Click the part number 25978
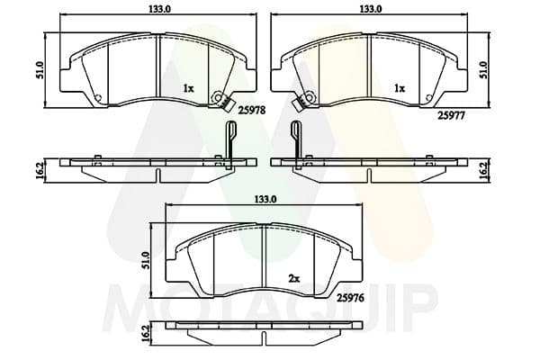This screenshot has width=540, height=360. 253,111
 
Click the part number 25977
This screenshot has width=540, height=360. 451,116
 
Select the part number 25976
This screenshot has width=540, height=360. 350,298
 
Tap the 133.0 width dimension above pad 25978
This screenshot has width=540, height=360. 160,9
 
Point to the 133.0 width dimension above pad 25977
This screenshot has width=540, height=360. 371,9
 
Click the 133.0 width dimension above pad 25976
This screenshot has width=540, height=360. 265,199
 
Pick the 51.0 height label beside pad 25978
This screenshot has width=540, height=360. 40,70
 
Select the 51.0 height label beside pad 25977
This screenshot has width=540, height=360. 483,70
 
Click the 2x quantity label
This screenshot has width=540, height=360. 293,279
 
